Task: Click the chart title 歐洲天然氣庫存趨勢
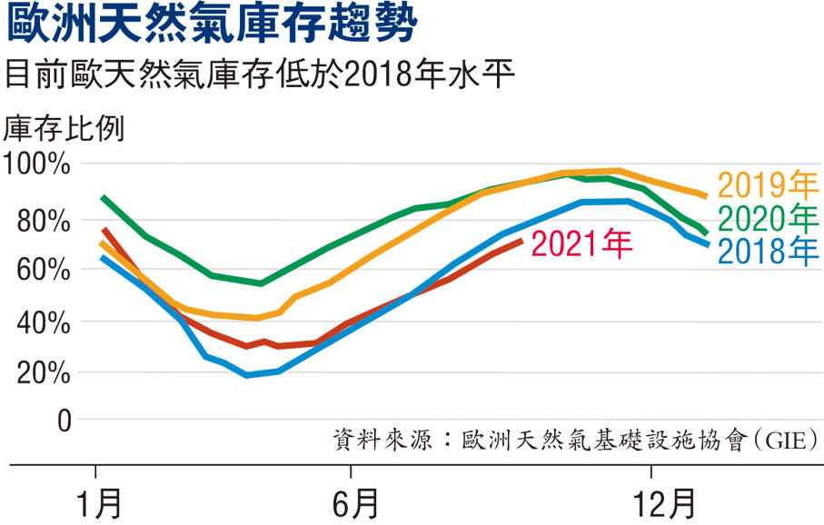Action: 213,25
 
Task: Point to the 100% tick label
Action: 38,165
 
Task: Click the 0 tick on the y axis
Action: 64,421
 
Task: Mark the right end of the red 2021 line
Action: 520,241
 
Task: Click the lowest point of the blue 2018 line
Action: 247,375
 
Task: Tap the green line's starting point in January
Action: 103,197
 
